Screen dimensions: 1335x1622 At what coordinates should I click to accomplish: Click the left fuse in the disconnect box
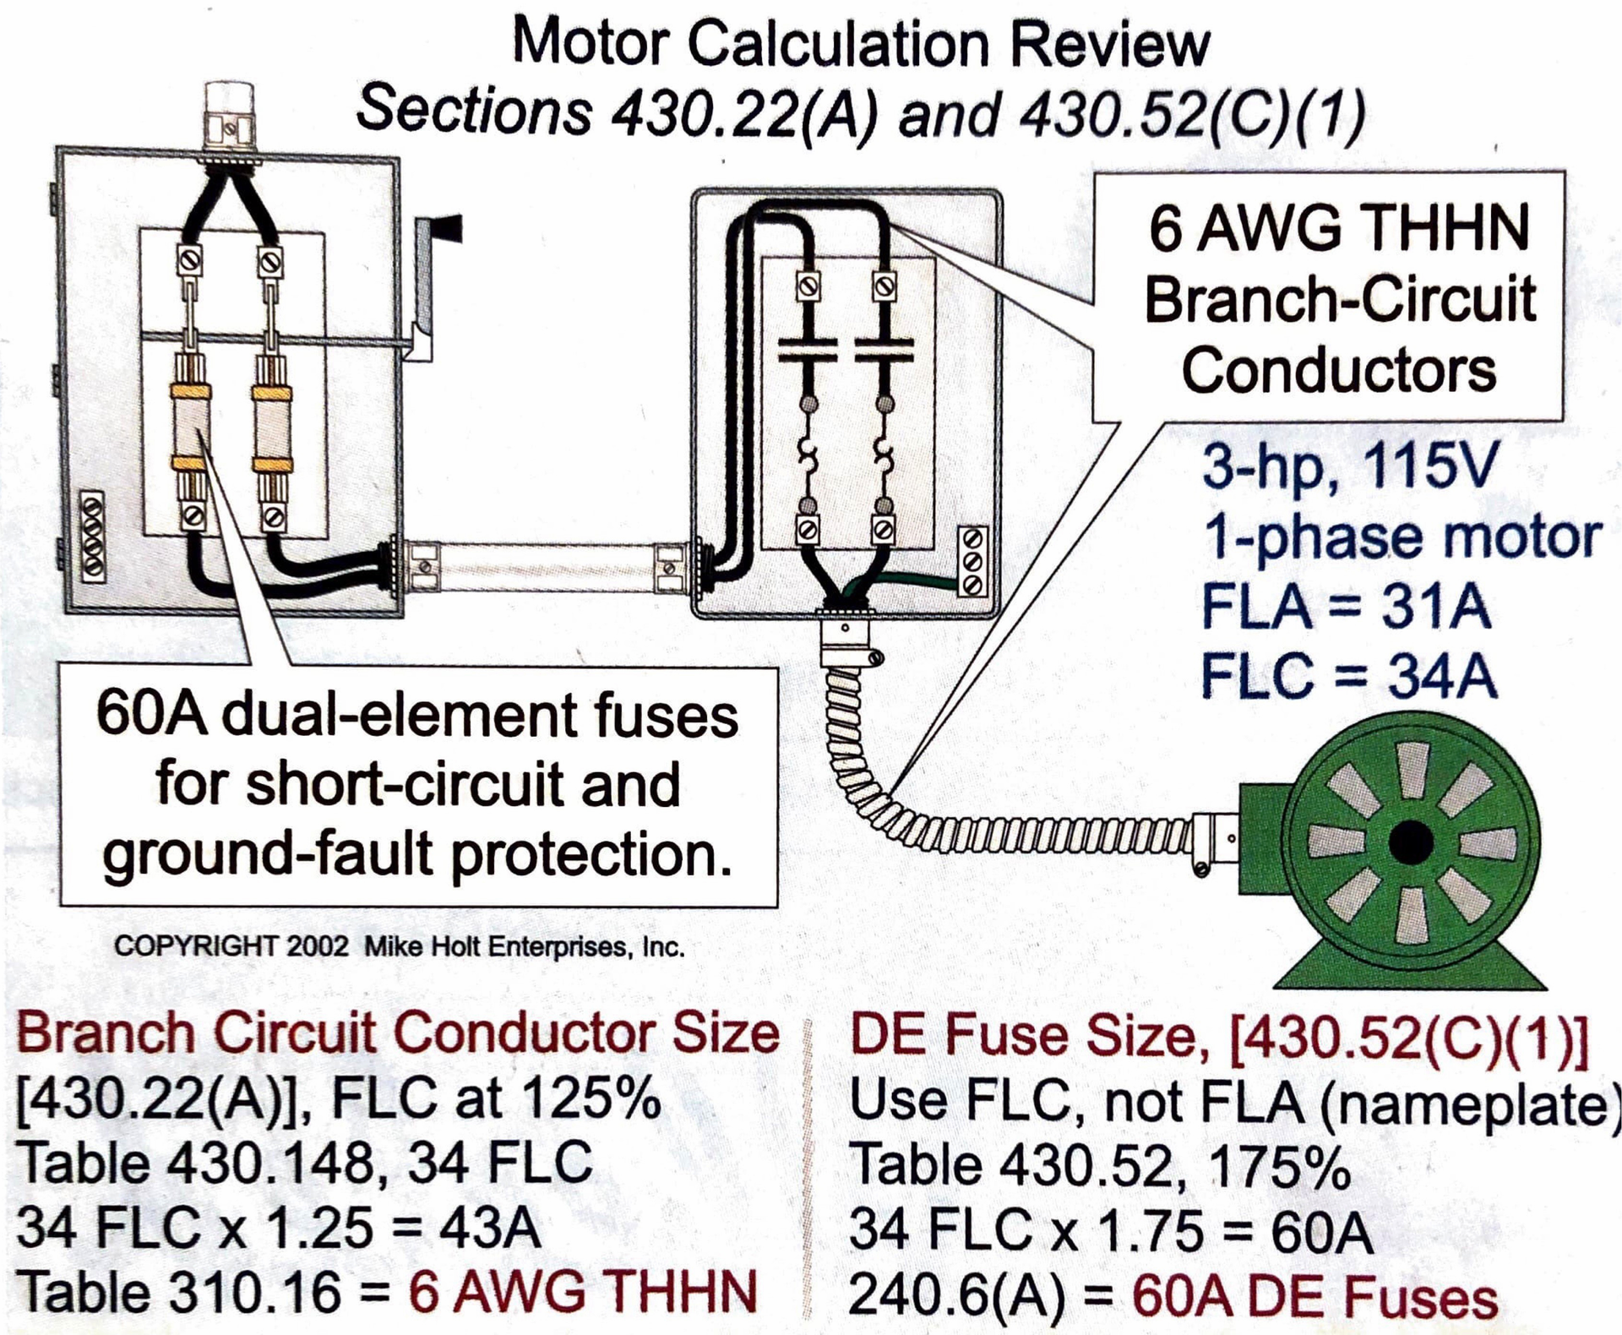191,428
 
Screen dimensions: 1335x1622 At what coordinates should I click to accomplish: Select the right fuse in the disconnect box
272,428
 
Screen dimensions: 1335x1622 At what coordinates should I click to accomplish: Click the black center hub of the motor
1410,842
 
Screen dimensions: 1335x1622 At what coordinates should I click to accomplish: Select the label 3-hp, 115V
1348,466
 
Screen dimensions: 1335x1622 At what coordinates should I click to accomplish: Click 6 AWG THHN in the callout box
1338,228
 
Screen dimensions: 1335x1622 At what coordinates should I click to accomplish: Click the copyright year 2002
317,945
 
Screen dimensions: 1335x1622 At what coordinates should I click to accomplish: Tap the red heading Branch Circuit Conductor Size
397,1033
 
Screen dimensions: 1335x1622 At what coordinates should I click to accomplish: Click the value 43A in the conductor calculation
489,1227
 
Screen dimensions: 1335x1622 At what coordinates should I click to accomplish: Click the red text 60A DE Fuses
1314,1295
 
